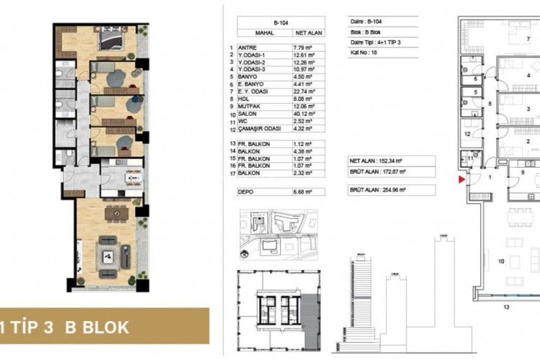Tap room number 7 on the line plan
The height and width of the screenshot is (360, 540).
click(528, 38)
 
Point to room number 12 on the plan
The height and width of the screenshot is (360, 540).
click(467, 134)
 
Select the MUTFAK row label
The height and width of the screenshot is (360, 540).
click(259, 106)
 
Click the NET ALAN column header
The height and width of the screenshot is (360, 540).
click(305, 33)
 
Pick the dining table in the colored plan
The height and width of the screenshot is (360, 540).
click(116, 213)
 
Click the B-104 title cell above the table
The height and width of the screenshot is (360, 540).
click(280, 23)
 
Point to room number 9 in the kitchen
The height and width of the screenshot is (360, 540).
click(522, 173)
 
